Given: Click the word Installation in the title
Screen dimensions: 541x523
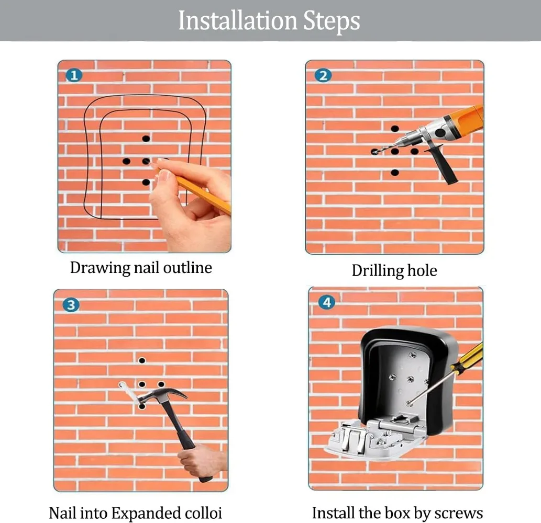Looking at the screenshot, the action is [x=237, y=21].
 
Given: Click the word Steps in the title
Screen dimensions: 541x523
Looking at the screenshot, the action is [x=332, y=21].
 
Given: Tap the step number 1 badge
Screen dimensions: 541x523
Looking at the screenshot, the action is [x=74, y=75].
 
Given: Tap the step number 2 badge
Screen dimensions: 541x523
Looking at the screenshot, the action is [x=323, y=75].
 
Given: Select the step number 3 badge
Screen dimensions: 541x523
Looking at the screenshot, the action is [x=71, y=305].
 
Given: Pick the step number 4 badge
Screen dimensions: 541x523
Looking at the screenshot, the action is [x=327, y=302].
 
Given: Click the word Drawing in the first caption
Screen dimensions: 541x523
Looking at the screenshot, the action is [x=100, y=268].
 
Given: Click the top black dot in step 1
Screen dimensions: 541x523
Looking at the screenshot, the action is [x=146, y=139].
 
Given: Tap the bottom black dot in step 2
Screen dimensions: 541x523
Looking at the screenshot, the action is [x=395, y=173].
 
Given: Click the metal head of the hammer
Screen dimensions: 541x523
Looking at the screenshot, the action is [x=162, y=395].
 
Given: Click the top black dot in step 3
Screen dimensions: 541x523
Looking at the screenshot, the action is [x=142, y=361].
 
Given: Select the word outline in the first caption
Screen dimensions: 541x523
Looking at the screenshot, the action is [x=187, y=268].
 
